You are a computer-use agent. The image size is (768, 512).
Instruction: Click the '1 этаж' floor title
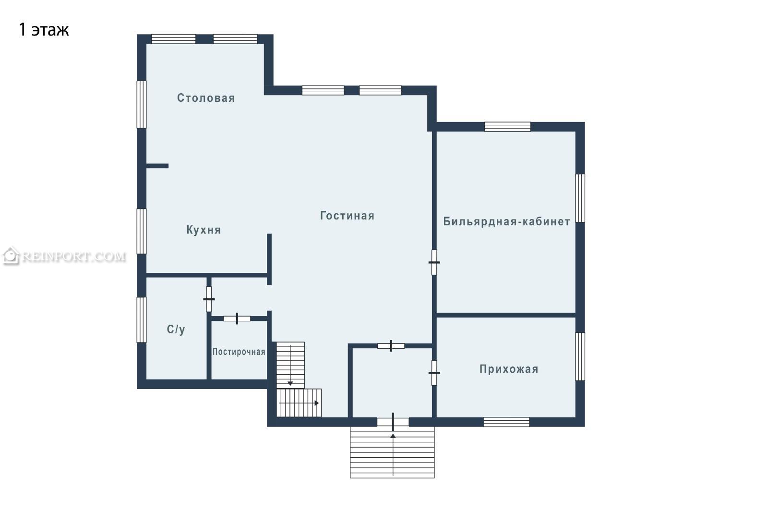point(44,30)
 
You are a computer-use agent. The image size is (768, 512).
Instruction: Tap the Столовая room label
point(206,98)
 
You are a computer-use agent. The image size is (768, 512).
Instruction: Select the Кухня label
point(204,230)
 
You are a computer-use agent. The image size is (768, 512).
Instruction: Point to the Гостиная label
point(347,216)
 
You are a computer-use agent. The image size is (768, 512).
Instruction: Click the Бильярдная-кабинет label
point(507,221)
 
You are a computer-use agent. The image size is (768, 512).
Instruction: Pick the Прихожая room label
point(509,369)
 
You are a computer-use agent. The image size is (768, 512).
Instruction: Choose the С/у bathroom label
point(176,329)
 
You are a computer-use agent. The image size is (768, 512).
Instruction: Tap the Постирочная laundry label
point(239,352)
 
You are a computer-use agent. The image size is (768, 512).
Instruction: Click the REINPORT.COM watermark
point(64,256)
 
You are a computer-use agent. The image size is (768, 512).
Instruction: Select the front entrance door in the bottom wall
point(393,422)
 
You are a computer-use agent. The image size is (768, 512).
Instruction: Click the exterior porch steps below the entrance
point(392,452)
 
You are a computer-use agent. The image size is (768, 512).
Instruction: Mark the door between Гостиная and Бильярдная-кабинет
point(434,263)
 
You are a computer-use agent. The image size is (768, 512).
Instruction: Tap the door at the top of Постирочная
point(237,318)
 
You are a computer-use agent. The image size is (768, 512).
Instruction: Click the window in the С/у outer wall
point(142,320)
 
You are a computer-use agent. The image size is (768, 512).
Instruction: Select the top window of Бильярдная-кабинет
point(507,127)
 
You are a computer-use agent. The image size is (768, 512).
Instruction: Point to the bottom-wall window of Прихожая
point(506,422)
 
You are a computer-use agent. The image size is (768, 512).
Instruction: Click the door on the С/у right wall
point(209,299)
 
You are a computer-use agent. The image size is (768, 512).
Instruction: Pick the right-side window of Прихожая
point(580,356)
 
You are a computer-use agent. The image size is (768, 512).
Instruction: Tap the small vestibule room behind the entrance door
point(392,383)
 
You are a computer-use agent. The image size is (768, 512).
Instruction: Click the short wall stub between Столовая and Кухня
point(157,166)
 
